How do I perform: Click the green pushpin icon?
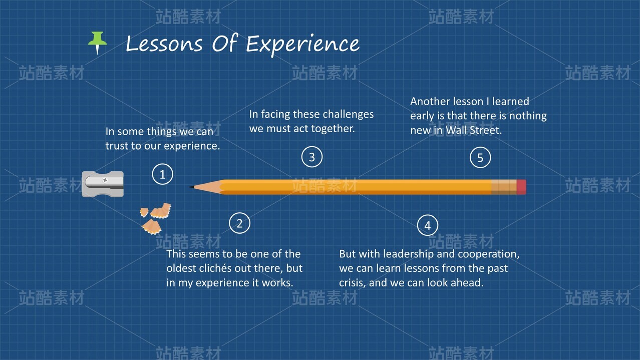(x=98, y=42)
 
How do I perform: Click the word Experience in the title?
(x=302, y=45)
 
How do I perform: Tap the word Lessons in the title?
(x=164, y=44)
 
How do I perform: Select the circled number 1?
(x=162, y=174)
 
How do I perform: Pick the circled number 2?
(x=239, y=223)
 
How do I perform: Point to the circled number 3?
(x=311, y=157)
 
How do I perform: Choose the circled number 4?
(x=428, y=225)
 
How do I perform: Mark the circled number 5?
(x=480, y=157)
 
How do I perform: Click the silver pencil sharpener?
(x=103, y=184)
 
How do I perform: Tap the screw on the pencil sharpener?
(x=105, y=180)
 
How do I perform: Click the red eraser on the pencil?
(x=521, y=187)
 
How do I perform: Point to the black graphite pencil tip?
(x=191, y=187)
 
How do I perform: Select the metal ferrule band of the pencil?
(x=504, y=187)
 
